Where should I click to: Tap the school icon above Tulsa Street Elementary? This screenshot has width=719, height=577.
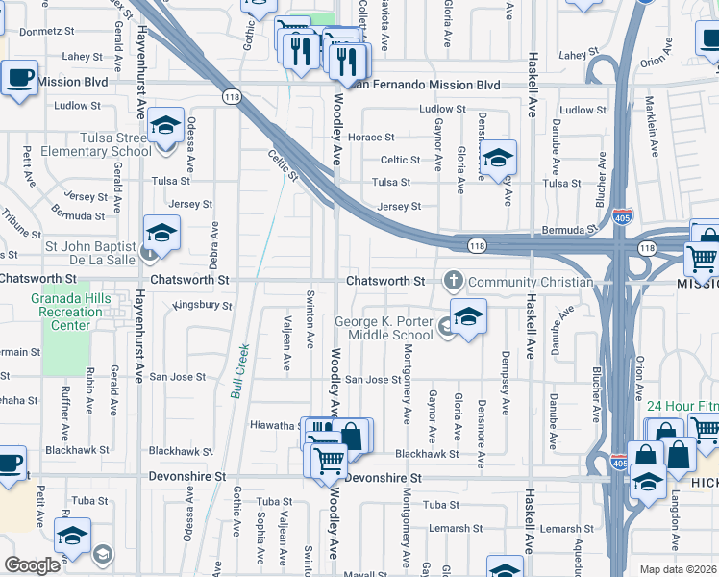[x=166, y=126]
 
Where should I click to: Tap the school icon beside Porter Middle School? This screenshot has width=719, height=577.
[x=467, y=316]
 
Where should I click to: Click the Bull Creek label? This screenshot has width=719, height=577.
[x=240, y=370]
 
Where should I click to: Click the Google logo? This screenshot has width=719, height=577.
[x=33, y=564]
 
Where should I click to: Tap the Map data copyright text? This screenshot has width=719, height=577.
[x=679, y=569]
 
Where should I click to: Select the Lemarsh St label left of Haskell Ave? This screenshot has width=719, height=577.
[x=456, y=529]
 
